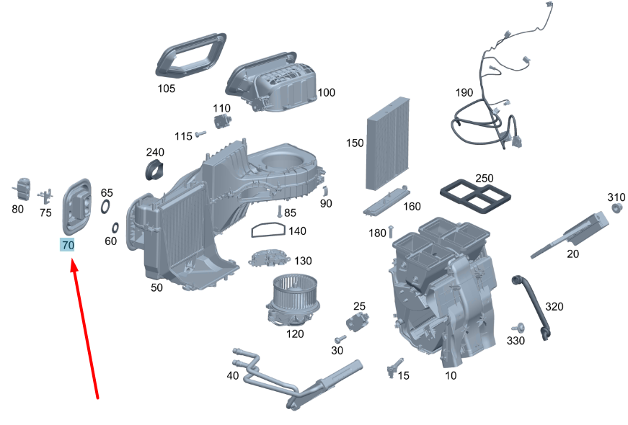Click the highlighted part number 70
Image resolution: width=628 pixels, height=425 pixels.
[67, 245]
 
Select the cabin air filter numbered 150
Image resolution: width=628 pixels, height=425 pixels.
[388, 143]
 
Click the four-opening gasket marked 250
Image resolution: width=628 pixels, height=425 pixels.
[475, 197]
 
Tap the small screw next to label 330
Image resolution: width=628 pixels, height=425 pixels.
[521, 328]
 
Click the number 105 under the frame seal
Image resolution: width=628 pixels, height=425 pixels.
[167, 89]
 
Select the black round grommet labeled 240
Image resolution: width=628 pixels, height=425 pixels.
[154, 169]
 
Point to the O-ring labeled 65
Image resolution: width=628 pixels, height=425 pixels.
[105, 207]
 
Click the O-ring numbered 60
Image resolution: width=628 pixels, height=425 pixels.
[115, 228]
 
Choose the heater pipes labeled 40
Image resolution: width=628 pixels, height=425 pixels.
[297, 379]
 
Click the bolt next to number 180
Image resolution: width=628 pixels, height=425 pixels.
[392, 231]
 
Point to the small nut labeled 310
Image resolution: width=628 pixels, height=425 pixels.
[617, 207]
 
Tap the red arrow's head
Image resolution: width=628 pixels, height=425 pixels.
[74, 265]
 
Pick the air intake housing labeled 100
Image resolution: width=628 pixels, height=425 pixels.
[272, 81]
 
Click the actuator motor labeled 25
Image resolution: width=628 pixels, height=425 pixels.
[357, 322]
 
